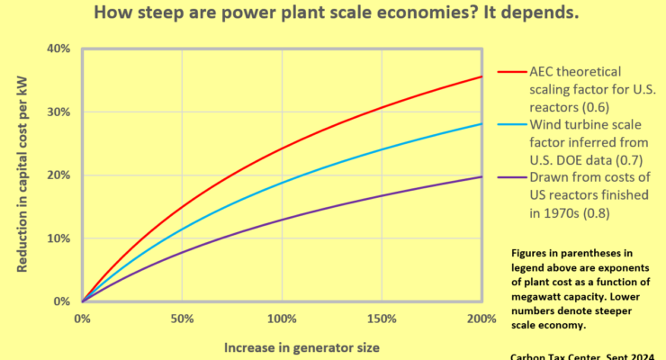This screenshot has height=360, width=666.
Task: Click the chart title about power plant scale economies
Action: click(x=332, y=15)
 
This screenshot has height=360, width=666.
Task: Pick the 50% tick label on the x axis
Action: click(x=183, y=319)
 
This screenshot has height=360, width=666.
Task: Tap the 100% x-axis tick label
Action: click(x=282, y=319)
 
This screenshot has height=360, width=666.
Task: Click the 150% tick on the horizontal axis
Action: click(x=382, y=319)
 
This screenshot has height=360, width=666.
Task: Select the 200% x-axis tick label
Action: click(x=481, y=319)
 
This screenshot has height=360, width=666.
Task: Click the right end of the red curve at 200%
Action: click(x=481, y=76)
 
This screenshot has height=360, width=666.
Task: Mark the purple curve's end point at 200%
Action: click(x=481, y=176)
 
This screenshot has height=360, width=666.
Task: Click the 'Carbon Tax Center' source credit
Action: click(x=586, y=355)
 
